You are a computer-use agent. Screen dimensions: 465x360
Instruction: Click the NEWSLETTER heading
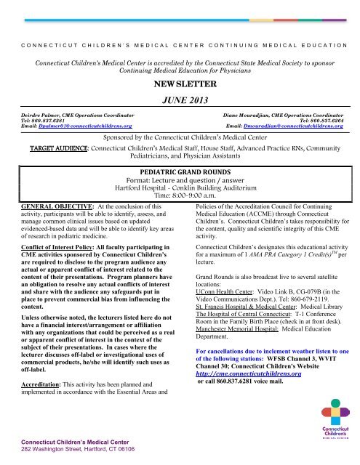click(179, 85)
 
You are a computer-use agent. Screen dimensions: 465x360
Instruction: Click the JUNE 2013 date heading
click(180, 100)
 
